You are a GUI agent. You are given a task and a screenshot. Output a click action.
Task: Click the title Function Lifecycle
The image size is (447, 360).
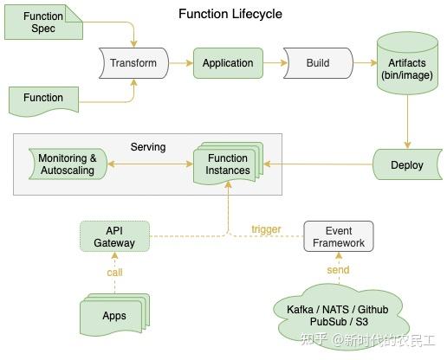pos(230,14)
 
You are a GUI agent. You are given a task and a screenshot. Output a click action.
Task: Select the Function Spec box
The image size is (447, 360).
pos(42,23)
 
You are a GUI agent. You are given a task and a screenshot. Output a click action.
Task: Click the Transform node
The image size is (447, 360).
pos(133,63)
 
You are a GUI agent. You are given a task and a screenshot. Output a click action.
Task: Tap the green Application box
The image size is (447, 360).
pos(228,63)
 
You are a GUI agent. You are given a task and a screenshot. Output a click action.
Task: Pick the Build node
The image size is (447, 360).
pos(318,63)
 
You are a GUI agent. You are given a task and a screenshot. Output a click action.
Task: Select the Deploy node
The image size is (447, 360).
pos(406,164)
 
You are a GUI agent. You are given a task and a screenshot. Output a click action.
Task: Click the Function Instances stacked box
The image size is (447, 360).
pos(228,164)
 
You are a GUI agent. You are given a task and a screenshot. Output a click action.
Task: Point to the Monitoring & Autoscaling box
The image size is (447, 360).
pos(68,164)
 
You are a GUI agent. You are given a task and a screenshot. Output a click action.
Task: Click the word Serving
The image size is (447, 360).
pos(147,147)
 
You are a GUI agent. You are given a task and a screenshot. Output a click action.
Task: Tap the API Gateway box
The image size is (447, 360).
pos(114,236)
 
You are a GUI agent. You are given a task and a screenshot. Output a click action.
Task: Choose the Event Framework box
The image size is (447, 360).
pos(338,236)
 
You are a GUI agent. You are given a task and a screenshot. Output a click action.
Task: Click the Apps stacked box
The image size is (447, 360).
pos(113,315)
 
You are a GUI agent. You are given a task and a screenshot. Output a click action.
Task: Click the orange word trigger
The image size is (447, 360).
pos(266,229)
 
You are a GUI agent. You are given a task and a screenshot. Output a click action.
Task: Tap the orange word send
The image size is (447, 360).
pos(338,270)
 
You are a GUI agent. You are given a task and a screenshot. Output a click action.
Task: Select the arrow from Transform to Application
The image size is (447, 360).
pos(180,63)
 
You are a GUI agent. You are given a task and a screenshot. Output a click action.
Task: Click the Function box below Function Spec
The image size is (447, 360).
pos(42,100)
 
